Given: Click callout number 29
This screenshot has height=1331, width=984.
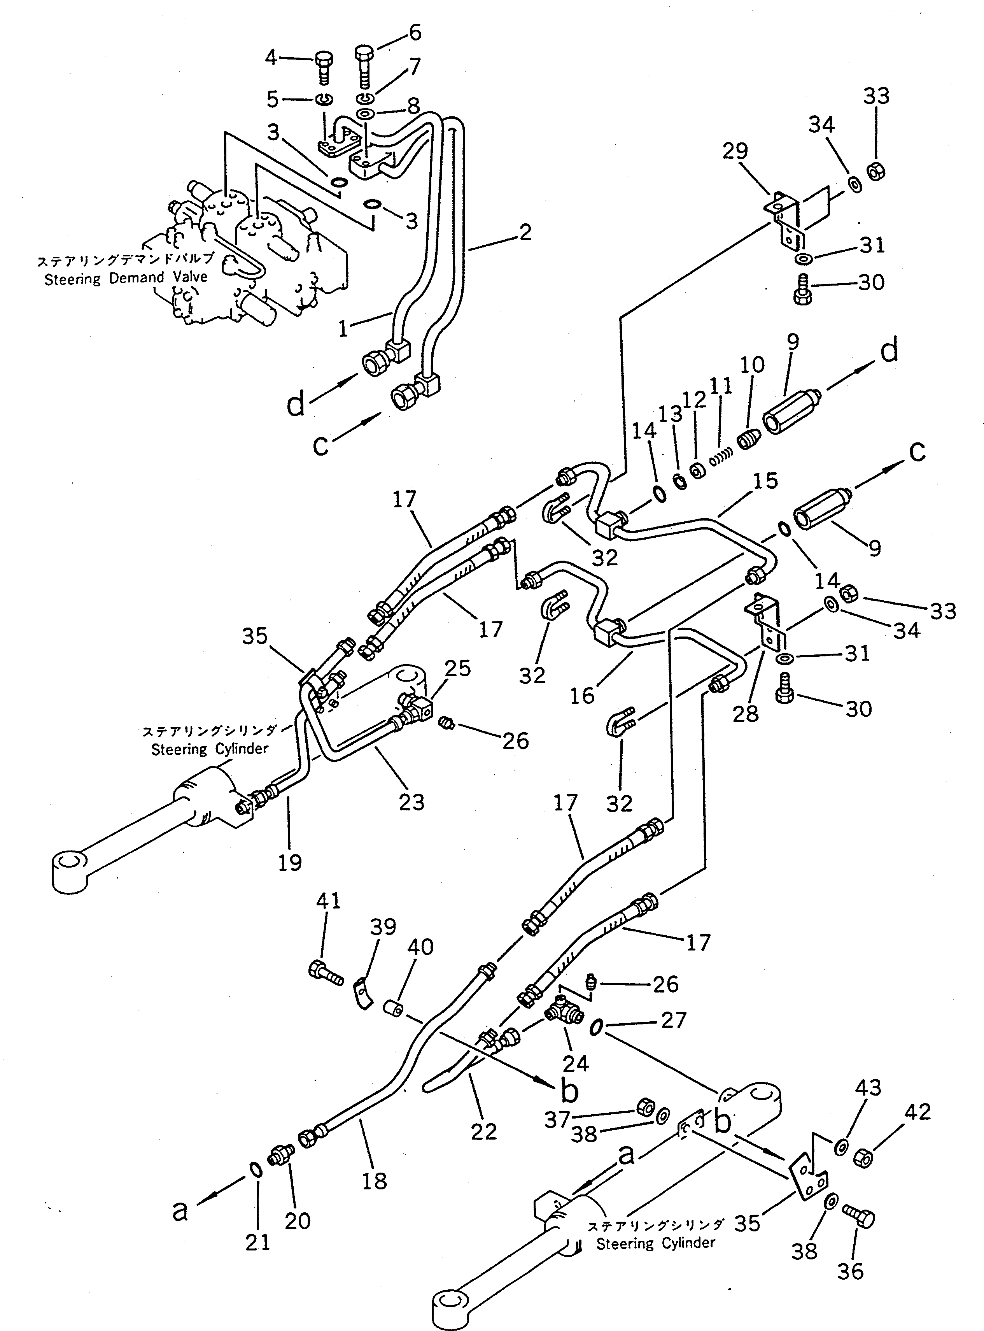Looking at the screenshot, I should pos(735,151).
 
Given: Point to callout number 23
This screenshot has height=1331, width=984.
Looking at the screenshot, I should pos(411,803).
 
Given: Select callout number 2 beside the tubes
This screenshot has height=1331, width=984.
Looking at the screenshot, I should pos(525,232).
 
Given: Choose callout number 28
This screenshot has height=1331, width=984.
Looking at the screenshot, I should pos(745,713).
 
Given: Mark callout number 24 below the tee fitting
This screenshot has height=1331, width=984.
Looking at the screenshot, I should pos(575,1063).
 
